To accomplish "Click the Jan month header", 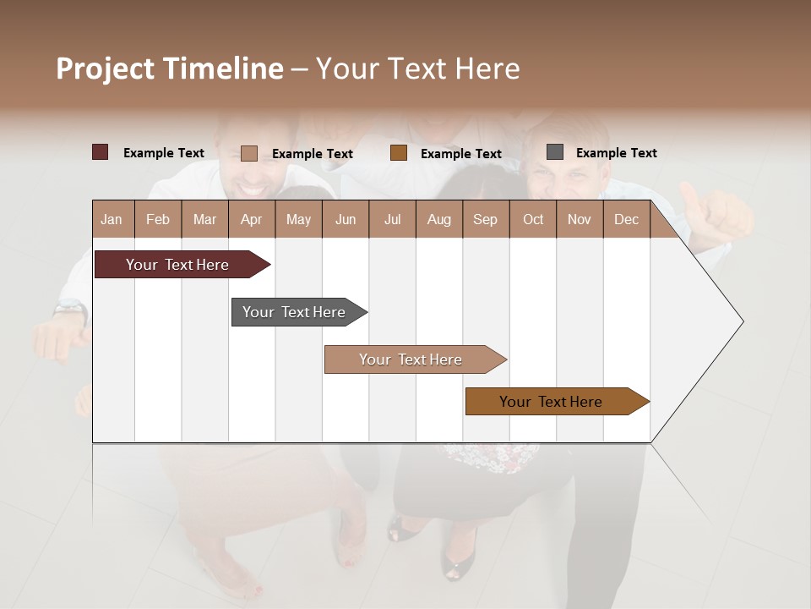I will [x=112, y=219].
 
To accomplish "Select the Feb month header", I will [x=158, y=219].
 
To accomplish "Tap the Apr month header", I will [x=251, y=219].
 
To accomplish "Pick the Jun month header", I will [x=346, y=219].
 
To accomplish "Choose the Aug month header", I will [x=438, y=219].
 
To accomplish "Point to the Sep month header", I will [x=485, y=219].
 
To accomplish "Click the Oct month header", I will [x=533, y=219].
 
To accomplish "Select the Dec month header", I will [x=626, y=219].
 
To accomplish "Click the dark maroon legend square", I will [x=100, y=152].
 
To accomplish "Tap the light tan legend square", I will [x=248, y=153].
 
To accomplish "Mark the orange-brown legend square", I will [x=399, y=153].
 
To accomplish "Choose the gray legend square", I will [x=554, y=152].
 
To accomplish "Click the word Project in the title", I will [x=106, y=69].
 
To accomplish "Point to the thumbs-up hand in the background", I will [x=714, y=216].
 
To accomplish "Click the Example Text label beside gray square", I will [x=616, y=153].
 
